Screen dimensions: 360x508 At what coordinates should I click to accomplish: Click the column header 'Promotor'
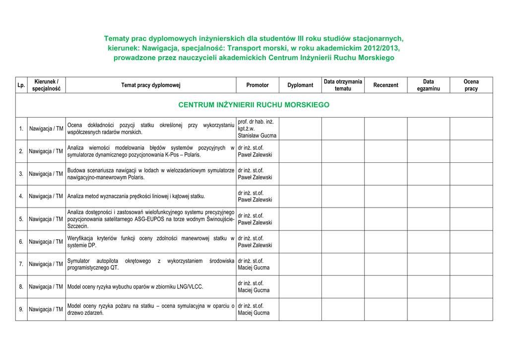tap(257, 85)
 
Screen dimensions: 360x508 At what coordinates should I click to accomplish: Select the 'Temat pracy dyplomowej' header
tap(151, 85)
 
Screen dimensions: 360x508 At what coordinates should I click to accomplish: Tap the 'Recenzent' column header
tap(385, 85)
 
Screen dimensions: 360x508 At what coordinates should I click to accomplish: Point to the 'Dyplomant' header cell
tap(300, 85)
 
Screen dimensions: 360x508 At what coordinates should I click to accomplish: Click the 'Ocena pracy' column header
tap(471, 85)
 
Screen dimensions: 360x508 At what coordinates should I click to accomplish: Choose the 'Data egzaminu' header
tap(428, 85)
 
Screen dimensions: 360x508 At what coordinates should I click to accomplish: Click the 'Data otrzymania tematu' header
tap(343, 85)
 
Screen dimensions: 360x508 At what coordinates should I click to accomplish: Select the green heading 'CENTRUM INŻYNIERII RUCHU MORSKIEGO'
tap(254, 105)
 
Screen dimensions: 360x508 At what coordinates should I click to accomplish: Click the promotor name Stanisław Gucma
tap(257, 136)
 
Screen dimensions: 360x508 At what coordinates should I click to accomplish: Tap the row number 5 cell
tap(21, 219)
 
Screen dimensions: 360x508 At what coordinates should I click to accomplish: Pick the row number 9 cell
tap(21, 309)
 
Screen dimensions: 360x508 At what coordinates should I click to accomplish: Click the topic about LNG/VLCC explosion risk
tap(135, 287)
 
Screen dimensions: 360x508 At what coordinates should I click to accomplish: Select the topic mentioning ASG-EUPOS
tap(151, 219)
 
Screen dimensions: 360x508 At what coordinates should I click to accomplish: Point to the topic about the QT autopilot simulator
tap(151, 264)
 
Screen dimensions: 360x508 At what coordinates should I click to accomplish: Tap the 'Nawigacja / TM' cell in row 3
tap(46, 174)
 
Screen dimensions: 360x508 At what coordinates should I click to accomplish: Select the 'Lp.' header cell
tap(21, 85)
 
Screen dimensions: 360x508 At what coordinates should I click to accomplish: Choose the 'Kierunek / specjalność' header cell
tap(46, 85)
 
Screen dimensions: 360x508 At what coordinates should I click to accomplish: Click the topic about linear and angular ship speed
tap(136, 196)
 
